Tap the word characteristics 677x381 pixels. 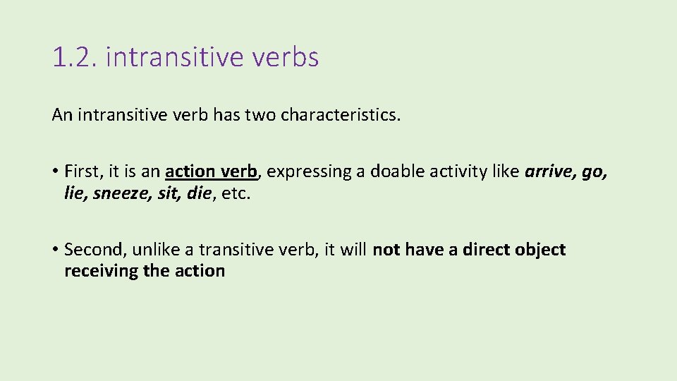(340, 114)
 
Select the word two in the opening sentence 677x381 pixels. (260, 114)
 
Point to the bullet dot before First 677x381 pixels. (55, 171)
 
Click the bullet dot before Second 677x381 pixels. (55, 250)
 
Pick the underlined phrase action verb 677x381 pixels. (212, 171)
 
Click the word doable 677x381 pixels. (392, 171)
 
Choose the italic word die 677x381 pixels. (200, 193)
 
